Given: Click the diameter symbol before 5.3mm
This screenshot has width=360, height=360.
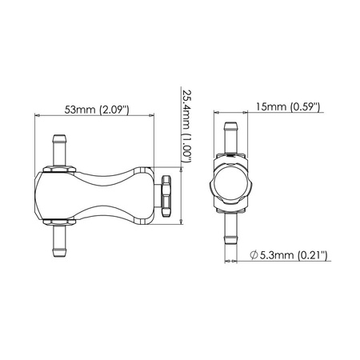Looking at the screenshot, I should (254, 255).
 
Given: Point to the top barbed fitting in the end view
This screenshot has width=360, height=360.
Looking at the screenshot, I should (231, 134).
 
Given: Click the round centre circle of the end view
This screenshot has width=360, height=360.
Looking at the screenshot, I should (231, 185).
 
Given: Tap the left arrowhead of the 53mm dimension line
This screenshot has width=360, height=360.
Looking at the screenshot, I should (37, 117).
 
